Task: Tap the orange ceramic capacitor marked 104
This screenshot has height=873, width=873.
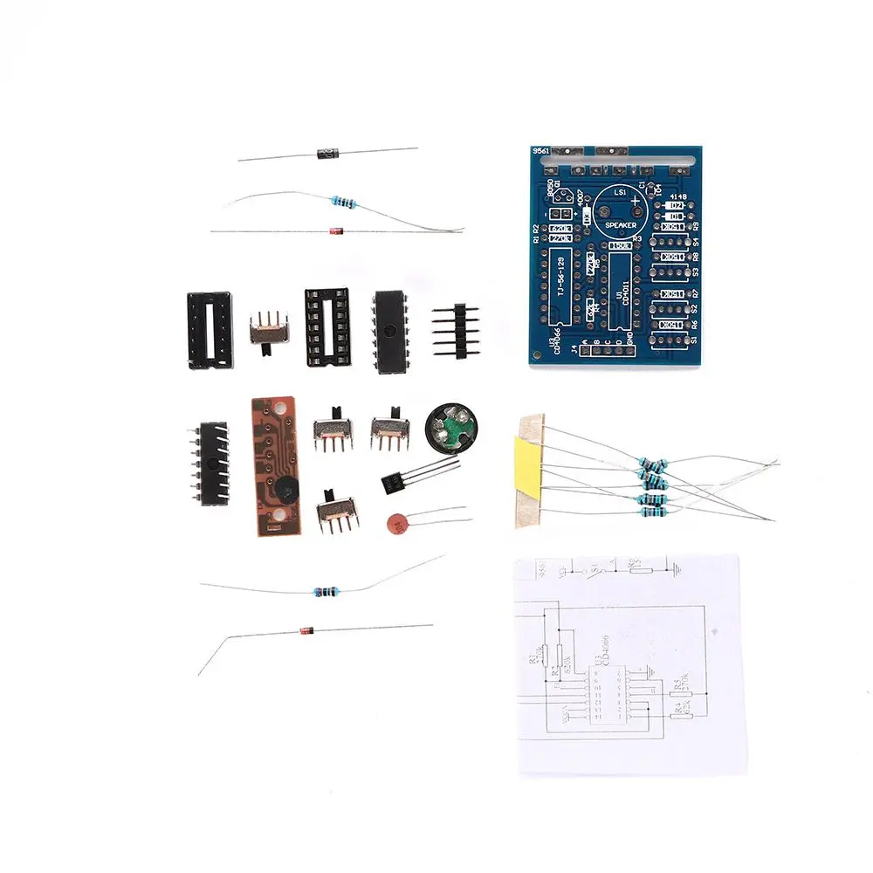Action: point(399,524)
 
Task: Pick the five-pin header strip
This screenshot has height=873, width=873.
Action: point(457,331)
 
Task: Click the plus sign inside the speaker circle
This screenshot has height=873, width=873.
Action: point(636,202)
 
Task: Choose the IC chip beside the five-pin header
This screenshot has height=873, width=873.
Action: point(388,332)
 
